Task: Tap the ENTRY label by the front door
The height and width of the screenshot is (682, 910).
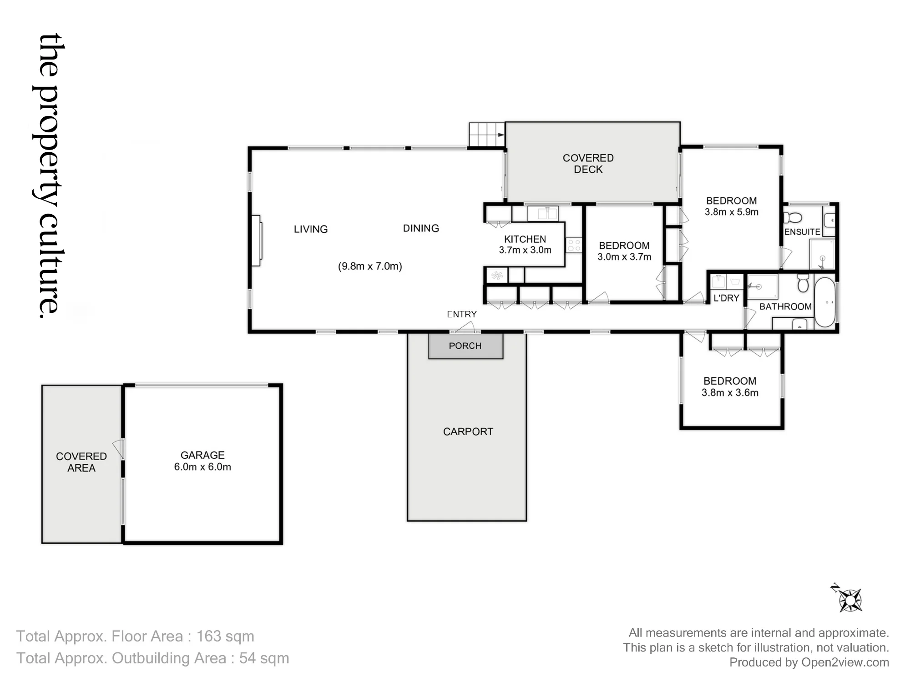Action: point(461,314)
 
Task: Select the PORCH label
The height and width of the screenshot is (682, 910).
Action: point(465,346)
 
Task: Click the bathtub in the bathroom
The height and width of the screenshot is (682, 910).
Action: point(824,302)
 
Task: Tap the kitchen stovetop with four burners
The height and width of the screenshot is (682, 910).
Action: point(574,246)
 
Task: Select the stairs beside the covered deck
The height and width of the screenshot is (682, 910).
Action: point(487,135)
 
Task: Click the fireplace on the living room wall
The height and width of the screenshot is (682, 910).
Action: point(256,241)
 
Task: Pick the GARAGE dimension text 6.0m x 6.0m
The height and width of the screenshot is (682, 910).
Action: point(202,467)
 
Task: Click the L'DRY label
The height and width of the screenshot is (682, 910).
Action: point(726,298)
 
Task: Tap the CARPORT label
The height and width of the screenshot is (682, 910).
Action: point(468,431)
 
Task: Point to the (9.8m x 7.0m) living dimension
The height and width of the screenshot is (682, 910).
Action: point(370,266)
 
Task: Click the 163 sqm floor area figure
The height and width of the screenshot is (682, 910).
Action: point(225,637)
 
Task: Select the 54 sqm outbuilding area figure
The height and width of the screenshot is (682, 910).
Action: point(264,658)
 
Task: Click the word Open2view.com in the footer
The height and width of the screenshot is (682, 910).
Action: point(845,662)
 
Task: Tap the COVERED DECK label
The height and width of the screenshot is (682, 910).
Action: point(588,164)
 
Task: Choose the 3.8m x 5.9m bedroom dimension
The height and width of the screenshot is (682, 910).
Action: point(732,212)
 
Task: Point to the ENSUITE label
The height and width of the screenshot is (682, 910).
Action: point(802,232)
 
